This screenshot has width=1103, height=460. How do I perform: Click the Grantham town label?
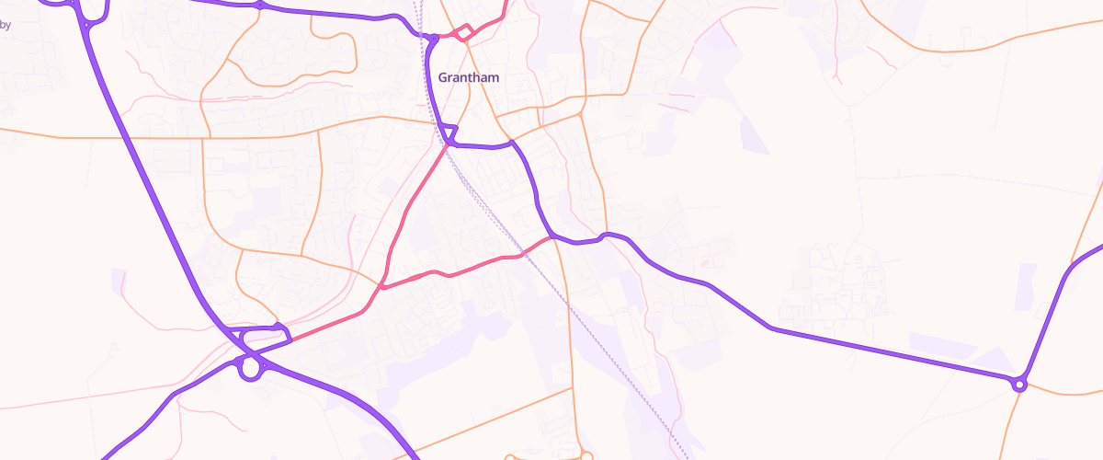pos(469,77)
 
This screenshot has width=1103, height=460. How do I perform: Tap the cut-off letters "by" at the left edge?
pos(6,26)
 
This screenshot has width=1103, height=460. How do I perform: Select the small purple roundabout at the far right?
pos(1018,384)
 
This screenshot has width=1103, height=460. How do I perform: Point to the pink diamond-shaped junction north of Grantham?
pos(465,33)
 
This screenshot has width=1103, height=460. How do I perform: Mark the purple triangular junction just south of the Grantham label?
pos(449,136)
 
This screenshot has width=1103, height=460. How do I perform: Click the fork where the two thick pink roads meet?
pos(382,287)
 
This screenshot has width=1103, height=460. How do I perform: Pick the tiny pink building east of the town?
pos(705,264)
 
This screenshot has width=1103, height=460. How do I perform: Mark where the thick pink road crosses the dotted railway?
pos(522,251)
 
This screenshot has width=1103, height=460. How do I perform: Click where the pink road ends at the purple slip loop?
pos(290,339)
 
